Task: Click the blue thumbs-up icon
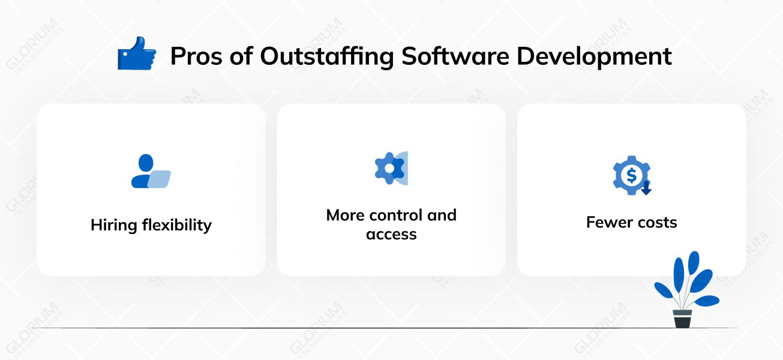[136, 54]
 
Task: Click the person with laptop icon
[151, 172]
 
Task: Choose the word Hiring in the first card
[114, 226]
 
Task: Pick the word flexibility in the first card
[176, 226]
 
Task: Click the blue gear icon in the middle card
[389, 169]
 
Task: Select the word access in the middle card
[391, 234]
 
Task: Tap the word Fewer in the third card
[608, 223]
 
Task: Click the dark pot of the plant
[682, 319]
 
